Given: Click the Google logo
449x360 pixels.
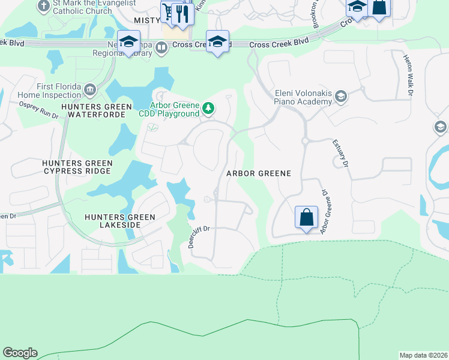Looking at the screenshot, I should (20, 353).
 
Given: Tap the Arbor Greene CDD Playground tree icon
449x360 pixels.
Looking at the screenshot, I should (208, 108).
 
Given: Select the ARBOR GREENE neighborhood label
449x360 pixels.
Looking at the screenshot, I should (258, 173).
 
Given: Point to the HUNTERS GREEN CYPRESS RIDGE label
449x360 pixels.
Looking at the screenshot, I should (76, 167).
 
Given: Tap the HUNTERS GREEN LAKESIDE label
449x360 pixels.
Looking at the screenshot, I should (120, 221).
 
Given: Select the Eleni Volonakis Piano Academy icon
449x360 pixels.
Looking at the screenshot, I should (341, 97).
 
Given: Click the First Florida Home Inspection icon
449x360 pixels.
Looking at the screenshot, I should (90, 91).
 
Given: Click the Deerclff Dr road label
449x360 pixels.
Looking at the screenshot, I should (198, 236).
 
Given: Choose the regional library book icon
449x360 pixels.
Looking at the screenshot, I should (161, 47).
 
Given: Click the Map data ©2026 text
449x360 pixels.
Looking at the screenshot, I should (423, 355).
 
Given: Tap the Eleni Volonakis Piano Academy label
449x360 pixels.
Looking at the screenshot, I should (303, 97).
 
